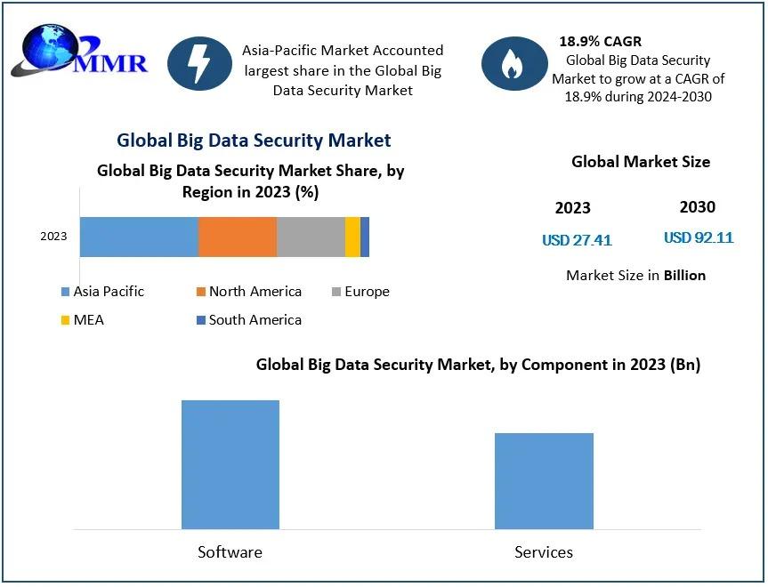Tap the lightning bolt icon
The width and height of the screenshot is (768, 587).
(200, 64)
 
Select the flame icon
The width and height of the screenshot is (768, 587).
(513, 64)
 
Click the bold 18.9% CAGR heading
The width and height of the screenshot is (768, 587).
(600, 42)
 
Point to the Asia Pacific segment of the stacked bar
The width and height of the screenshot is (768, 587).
(139, 237)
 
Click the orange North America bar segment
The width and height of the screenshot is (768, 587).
(238, 237)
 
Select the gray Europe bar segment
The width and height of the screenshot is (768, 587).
(311, 237)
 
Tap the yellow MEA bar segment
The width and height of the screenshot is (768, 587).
(352, 237)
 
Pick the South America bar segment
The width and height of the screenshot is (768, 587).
(365, 237)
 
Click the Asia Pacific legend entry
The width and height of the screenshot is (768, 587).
(102, 292)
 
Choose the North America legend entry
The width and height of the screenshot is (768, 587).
(248, 292)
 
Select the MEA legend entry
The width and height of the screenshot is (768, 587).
(83, 320)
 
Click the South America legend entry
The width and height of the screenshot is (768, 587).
(248, 320)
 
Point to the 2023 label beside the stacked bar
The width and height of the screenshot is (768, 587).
(53, 237)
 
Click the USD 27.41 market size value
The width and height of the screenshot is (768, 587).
(577, 240)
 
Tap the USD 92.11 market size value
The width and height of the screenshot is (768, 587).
(699, 237)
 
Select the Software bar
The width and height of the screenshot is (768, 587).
(230, 464)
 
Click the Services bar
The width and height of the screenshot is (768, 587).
(544, 480)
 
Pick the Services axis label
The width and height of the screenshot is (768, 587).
(544, 552)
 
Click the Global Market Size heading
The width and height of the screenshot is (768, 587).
(641, 162)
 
